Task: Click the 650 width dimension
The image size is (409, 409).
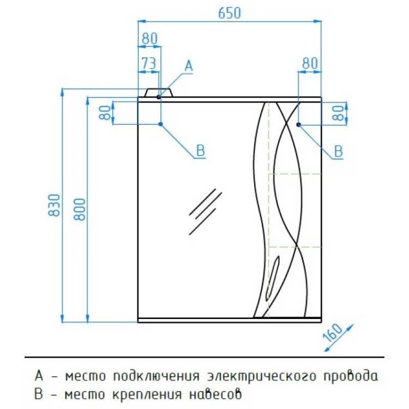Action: [229, 13]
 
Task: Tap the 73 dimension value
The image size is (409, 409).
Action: [149, 63]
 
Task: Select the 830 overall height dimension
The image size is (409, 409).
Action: [54, 205]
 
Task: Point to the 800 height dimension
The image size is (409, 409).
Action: [79, 209]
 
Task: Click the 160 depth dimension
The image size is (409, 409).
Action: [333, 333]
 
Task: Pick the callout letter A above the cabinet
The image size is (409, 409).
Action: [189, 65]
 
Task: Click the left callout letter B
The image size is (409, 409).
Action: [201, 151]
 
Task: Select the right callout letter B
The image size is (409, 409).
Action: [338, 151]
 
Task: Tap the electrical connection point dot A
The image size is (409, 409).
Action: [159, 97]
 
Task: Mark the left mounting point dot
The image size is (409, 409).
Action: [161, 124]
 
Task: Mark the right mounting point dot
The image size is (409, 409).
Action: [299, 125]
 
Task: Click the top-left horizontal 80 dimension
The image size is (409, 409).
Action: [149, 39]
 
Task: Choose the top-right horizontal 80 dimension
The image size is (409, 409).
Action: [310, 63]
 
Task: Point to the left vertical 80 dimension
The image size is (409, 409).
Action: [105, 113]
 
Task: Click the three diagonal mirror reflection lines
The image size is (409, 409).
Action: [205, 212]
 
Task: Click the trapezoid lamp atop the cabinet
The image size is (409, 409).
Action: [159, 93]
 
